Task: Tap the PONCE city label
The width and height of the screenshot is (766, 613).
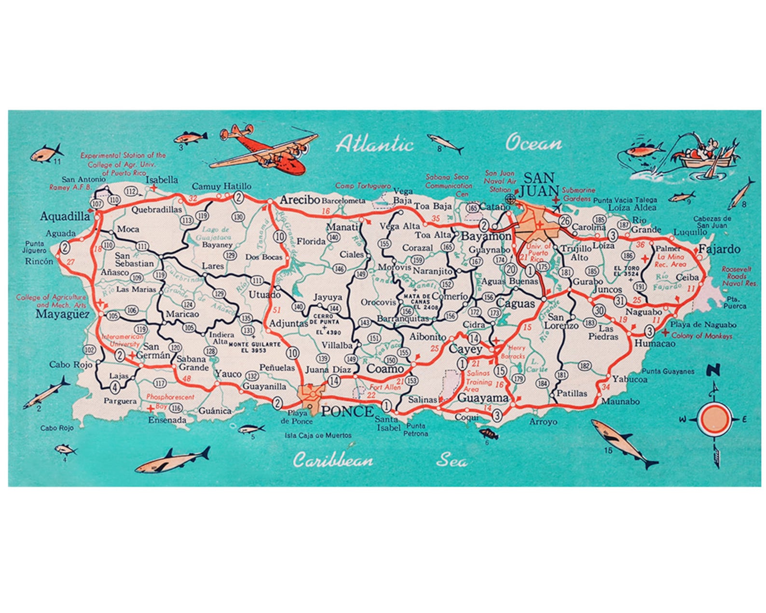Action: point(347,411)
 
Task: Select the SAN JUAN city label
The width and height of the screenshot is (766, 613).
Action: point(540,184)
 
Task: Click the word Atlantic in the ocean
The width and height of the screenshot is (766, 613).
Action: point(375,144)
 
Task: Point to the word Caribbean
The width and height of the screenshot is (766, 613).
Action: point(333,460)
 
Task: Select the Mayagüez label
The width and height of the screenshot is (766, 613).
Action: point(63,314)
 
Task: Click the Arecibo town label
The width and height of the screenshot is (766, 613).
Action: point(300,199)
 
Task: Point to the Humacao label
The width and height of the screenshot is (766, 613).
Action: point(655,343)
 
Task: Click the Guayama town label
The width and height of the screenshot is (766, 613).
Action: point(483,398)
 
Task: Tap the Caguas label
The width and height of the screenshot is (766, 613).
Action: point(515,304)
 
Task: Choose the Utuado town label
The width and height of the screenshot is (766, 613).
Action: point(264,294)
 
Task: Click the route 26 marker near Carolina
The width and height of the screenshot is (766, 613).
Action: point(565,221)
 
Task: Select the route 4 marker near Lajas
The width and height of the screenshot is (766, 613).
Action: point(114,387)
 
